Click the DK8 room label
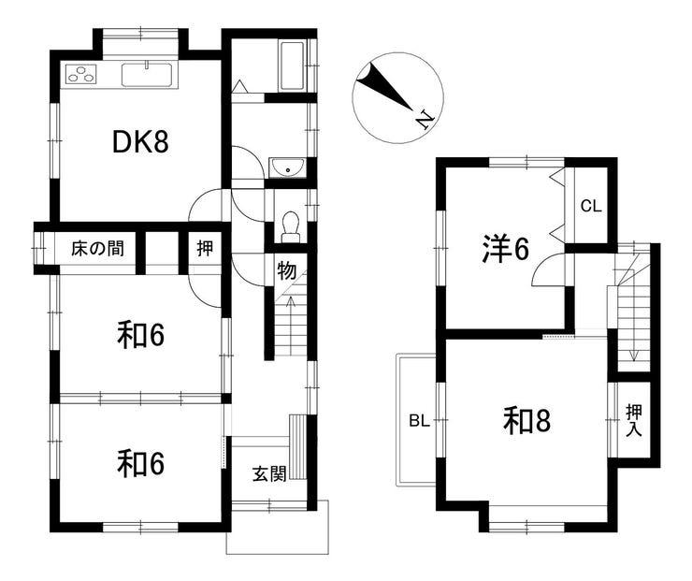[140, 141]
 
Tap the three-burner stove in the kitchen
[81, 74]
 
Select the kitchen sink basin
[147, 75]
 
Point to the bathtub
[292, 66]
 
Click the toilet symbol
[291, 227]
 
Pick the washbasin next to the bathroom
[287, 167]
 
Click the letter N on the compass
[425, 120]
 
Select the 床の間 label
[97, 249]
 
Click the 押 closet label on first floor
[205, 249]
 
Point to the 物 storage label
[286, 270]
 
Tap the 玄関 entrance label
[269, 474]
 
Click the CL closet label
[591, 206]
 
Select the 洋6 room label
[505, 249]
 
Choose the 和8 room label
[526, 421]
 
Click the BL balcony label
[419, 421]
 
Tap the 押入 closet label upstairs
[634, 421]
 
